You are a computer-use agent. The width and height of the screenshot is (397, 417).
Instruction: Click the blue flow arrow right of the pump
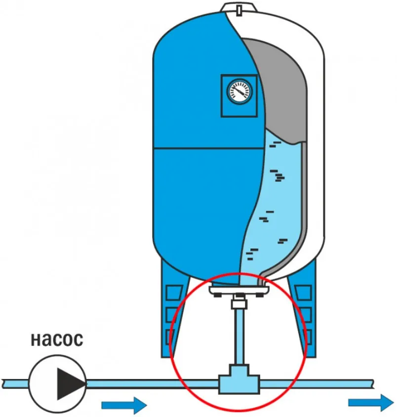[x=123, y=406]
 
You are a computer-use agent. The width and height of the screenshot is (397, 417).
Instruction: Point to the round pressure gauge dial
[x=239, y=91]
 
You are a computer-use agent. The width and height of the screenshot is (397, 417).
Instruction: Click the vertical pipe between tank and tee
[x=239, y=336]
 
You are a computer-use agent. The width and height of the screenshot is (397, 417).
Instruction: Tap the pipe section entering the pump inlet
[x=15, y=383]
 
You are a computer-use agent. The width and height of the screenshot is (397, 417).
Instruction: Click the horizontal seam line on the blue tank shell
[x=198, y=148]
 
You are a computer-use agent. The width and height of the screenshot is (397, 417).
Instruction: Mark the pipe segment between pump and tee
[x=148, y=383]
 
